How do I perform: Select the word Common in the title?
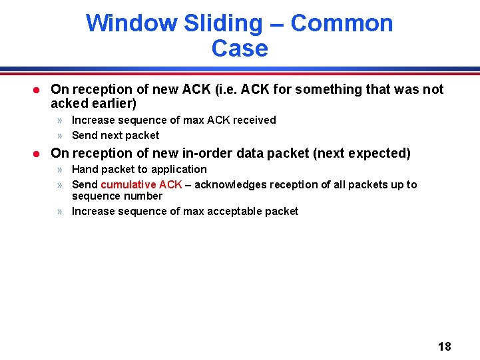click(342, 23)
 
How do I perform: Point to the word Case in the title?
click(240, 49)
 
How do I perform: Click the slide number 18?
click(444, 346)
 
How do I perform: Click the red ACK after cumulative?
click(170, 184)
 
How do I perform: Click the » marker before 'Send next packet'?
click(60, 136)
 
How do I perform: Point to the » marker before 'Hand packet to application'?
click(60, 170)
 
